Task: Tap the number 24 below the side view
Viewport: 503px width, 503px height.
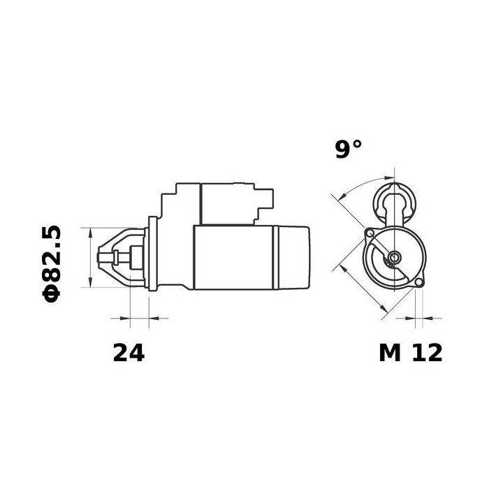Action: [x=129, y=353]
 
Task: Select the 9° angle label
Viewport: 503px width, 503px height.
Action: [x=349, y=150]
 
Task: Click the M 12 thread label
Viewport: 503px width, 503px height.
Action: [x=410, y=353]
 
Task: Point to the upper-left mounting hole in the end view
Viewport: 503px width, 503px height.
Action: [x=370, y=233]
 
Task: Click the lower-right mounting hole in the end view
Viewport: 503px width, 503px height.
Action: [x=418, y=282]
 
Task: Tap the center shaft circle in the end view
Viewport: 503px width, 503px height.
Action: [x=395, y=257]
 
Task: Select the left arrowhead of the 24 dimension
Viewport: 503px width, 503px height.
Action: [x=125, y=318]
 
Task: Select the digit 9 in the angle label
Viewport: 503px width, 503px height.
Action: [x=342, y=150]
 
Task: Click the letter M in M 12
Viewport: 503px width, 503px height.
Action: [x=390, y=353]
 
